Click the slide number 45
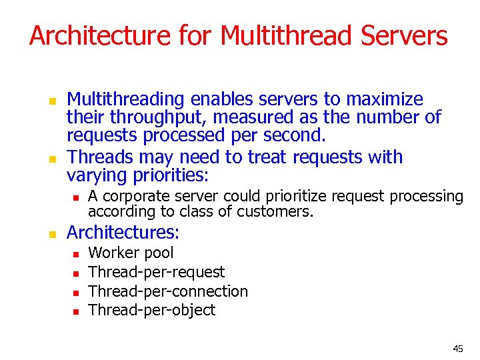click(x=457, y=349)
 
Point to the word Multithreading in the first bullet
click(x=126, y=100)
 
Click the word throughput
click(x=148, y=118)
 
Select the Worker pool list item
click(x=131, y=253)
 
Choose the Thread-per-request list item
click(x=157, y=272)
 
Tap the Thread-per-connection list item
click(x=168, y=291)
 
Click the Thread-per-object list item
click(x=152, y=310)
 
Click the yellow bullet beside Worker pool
click(x=76, y=254)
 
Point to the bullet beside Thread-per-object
click(x=76, y=311)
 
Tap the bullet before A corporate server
click(x=76, y=197)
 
